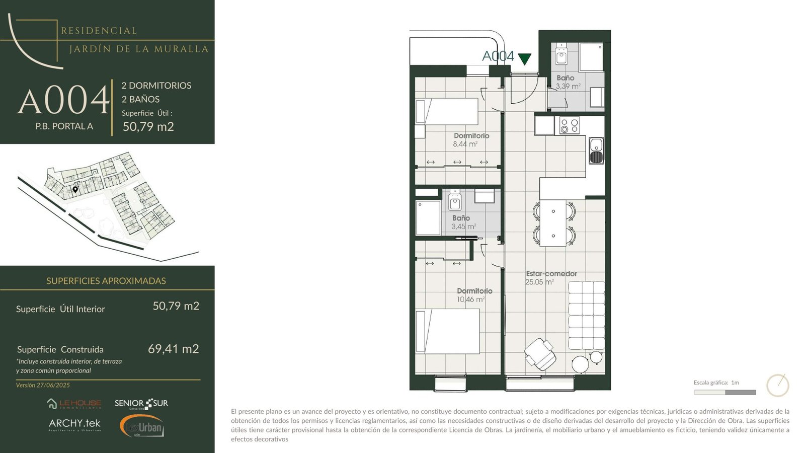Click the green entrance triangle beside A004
[524, 58]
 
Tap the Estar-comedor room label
[551, 274]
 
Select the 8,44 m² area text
[465, 144]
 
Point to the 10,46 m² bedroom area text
[471, 299]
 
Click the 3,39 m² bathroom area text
[568, 86]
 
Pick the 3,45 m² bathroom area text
[463, 226]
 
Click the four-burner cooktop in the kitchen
[570, 125]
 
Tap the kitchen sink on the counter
[596, 150]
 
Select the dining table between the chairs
[553, 223]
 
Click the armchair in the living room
[540, 354]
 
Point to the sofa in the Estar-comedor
[587, 315]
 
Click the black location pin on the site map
[75, 189]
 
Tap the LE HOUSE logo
[74, 404]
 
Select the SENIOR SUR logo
[141, 404]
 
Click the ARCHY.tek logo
[75, 424]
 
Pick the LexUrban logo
[142, 426]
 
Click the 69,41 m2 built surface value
[173, 349]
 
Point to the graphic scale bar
[725, 392]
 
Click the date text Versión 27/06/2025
[43, 385]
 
